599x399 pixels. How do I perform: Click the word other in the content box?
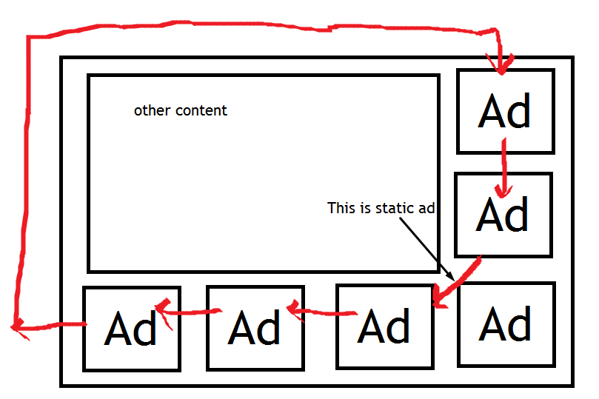click(x=150, y=110)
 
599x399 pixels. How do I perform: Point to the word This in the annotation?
click(x=341, y=208)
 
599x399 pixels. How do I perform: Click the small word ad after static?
click(x=426, y=208)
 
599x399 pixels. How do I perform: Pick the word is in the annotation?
click(x=366, y=208)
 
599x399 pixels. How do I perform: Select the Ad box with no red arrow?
click(x=506, y=324)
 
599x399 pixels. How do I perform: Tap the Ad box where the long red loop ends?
click(x=505, y=110)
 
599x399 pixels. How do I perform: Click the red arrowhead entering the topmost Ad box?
click(x=499, y=67)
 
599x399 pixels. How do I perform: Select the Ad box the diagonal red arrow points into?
click(x=384, y=326)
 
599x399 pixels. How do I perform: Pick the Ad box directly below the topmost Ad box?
click(x=503, y=215)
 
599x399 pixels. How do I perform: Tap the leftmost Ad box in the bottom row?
click(x=131, y=328)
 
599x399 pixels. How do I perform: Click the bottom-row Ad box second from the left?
click(x=255, y=328)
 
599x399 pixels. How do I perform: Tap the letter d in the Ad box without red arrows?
click(x=519, y=324)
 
